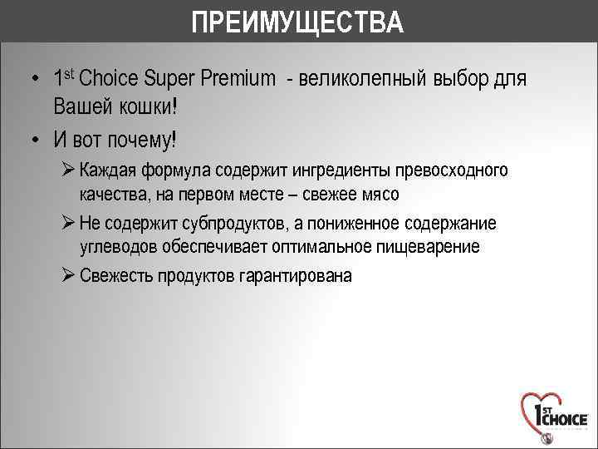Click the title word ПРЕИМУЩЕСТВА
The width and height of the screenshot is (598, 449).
tap(297, 22)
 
